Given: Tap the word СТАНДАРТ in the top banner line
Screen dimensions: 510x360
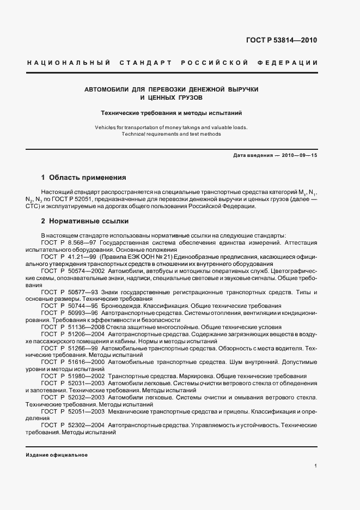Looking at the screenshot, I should (142, 63).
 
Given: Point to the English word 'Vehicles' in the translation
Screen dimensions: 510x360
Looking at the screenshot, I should (106, 127).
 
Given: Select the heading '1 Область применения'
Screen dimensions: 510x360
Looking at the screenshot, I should (84, 178).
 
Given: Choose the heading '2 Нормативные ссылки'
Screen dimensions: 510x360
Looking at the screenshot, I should (85, 222).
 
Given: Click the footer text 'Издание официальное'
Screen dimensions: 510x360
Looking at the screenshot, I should (57, 455).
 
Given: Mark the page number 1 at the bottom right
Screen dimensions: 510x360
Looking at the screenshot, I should (315, 466).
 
